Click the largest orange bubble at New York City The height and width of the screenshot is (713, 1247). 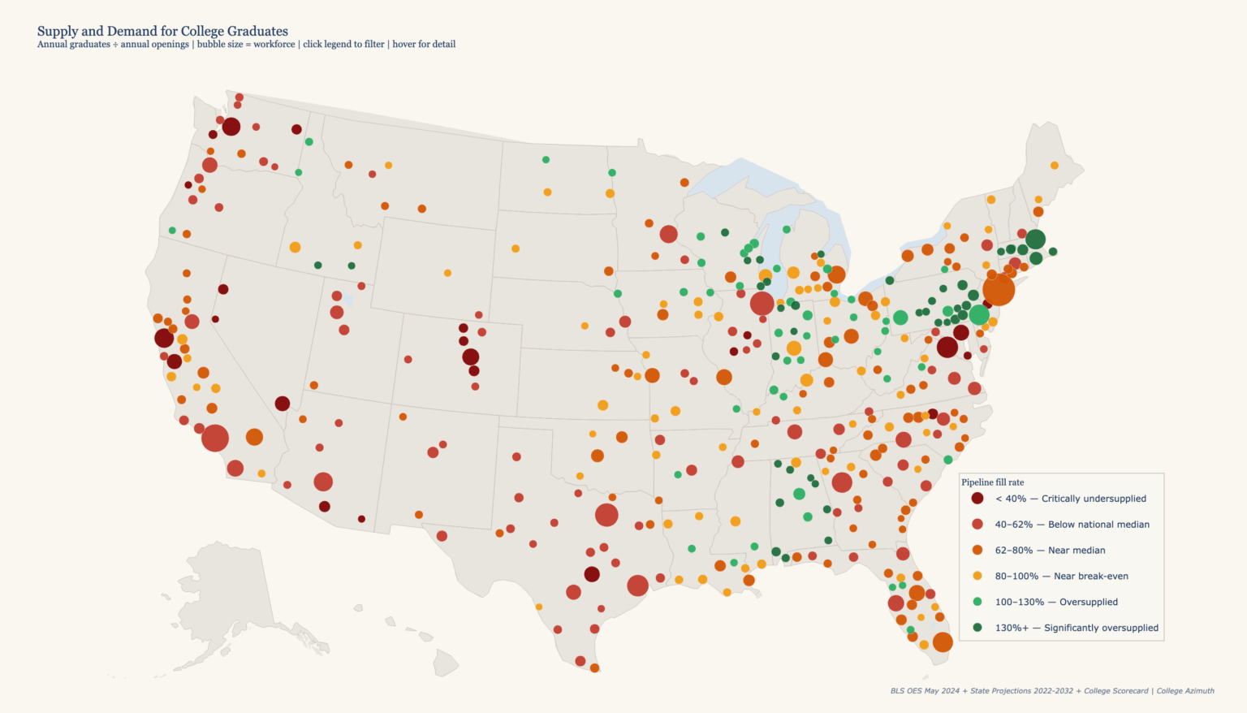999,289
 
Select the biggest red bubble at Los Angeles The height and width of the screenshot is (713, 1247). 215,438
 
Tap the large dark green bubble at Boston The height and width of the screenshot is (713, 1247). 1035,240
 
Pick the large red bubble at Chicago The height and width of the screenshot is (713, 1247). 762,303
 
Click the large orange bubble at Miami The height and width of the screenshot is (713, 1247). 943,642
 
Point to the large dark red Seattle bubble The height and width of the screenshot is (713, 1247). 231,127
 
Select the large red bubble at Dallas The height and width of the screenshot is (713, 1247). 606,515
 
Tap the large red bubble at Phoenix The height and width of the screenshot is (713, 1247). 323,482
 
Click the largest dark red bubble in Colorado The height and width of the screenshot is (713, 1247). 471,356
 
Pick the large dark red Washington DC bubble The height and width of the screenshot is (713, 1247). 947,348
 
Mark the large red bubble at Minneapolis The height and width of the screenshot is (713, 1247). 668,235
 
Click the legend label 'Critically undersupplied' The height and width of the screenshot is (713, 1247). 1094,499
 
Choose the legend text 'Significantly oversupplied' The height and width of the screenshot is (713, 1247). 1101,628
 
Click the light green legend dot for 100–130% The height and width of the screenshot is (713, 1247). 977,602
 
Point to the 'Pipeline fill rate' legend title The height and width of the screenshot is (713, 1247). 993,482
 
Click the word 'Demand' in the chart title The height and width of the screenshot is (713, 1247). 132,32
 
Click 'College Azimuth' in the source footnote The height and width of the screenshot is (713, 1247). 1185,691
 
